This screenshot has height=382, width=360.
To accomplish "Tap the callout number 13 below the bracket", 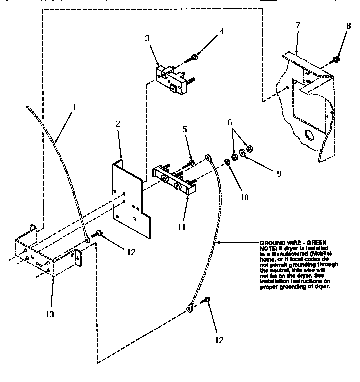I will pos(51,314).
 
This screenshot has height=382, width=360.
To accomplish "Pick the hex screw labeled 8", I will pos(337,59).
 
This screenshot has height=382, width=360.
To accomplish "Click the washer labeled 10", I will pos(227,161).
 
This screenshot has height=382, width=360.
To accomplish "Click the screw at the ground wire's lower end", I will pos(207,301).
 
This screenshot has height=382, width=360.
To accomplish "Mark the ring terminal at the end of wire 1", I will pos(88,240).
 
